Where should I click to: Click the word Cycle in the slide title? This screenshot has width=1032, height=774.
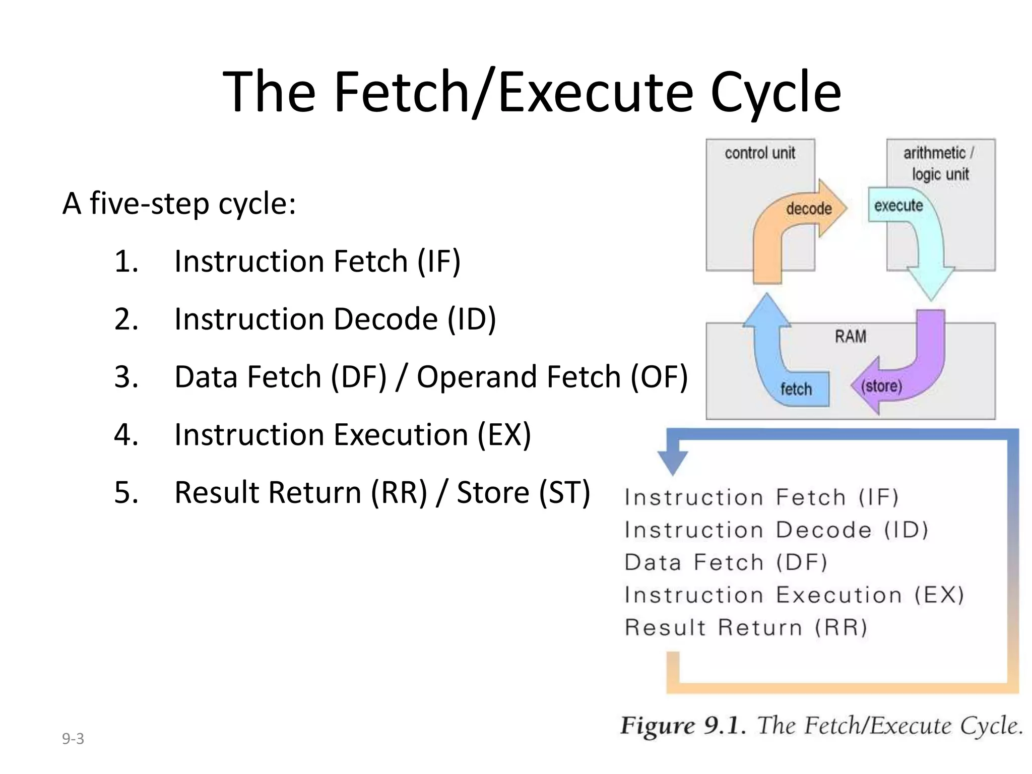click(776, 92)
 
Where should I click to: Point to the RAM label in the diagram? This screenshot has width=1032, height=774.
click(850, 337)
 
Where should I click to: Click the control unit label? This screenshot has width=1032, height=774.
click(759, 153)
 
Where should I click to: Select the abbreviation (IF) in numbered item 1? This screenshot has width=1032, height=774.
click(438, 262)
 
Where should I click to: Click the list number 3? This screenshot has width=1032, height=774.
click(126, 377)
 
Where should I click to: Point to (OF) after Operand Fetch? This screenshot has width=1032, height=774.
click(659, 377)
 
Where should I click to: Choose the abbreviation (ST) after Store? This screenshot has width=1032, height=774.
click(564, 492)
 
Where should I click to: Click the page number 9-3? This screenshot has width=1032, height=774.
click(73, 739)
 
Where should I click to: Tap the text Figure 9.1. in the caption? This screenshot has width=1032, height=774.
click(682, 726)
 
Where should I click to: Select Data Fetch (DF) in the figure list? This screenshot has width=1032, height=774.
click(726, 562)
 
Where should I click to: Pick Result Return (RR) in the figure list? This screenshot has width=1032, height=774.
click(746, 628)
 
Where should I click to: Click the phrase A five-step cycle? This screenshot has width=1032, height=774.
click(179, 204)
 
